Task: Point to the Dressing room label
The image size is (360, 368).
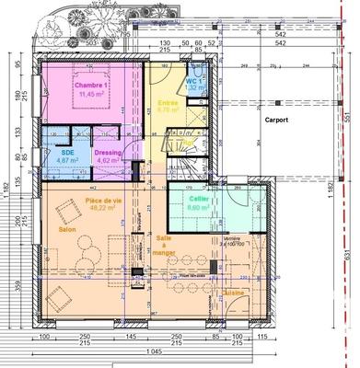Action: [x=106, y=152]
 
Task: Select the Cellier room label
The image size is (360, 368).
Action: [x=199, y=200]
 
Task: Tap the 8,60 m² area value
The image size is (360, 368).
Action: [x=199, y=209]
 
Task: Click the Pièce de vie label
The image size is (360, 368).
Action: [x=99, y=200]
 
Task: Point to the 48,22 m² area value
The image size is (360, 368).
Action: [x=100, y=209]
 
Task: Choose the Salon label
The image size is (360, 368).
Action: [x=67, y=229]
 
